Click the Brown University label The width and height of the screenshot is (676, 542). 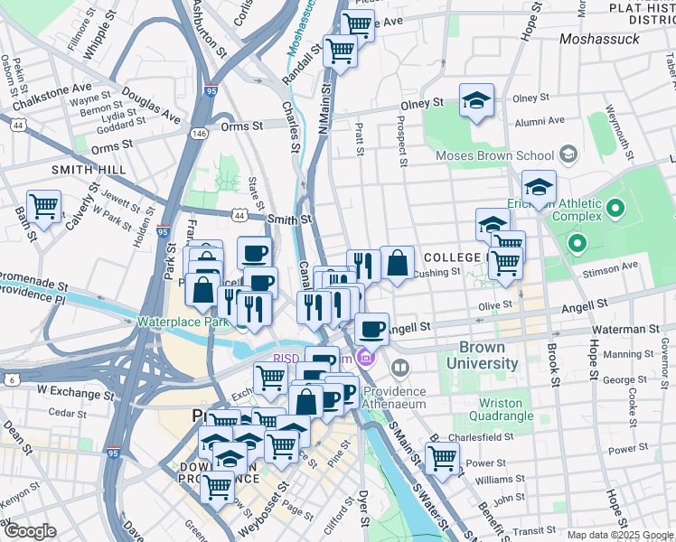click(488, 356)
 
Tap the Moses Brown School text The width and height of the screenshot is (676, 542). click(494, 155)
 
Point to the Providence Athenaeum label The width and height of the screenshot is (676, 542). click(394, 398)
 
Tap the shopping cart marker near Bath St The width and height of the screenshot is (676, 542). click(43, 207)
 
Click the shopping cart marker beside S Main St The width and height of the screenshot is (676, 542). click(442, 457)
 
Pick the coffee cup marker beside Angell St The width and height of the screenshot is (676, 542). click(371, 329)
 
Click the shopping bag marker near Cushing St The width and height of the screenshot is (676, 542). click(397, 263)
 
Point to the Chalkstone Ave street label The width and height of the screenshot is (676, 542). click(45, 90)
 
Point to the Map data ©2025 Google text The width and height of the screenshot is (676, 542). click(620, 535)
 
